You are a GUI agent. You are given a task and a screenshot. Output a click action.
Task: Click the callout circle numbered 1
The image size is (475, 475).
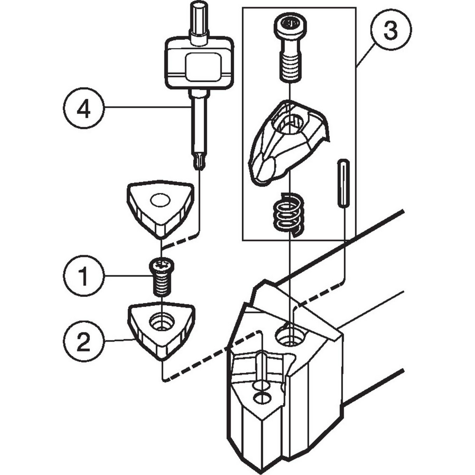coord(83,276)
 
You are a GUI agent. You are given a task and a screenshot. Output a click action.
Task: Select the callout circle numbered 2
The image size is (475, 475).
coord(83,342)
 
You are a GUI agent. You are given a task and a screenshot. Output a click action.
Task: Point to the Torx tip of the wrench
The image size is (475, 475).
coord(199,161)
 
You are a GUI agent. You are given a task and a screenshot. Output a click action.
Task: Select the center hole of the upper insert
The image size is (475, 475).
coord(160,200)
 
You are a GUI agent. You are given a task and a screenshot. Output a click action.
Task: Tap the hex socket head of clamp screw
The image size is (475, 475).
coord(289,23)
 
